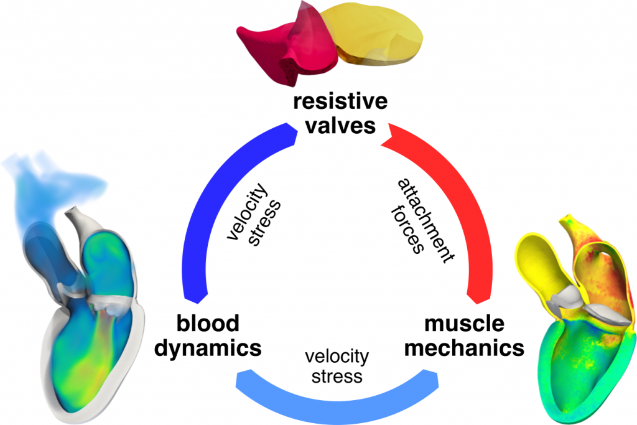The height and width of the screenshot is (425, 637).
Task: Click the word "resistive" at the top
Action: click(x=340, y=101)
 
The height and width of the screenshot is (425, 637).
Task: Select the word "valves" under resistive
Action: click(x=340, y=125)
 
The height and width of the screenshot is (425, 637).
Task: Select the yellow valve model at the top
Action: click(x=379, y=34)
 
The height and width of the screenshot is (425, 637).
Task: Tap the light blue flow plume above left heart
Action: click(x=44, y=180)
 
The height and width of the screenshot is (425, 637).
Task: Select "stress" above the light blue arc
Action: click(x=337, y=376)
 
